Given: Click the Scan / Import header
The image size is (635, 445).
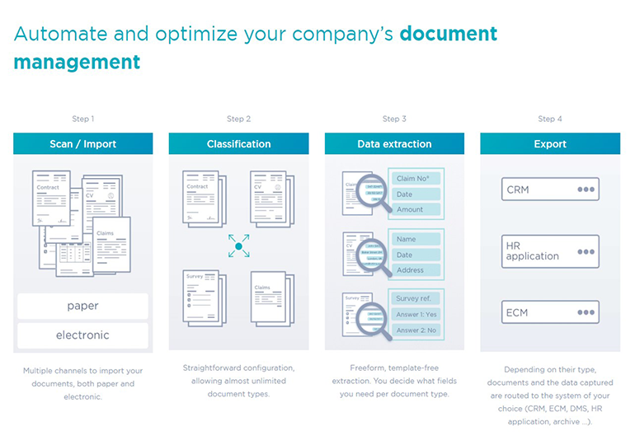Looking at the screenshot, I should point(82,144).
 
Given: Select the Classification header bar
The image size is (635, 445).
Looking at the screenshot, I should point(238,144).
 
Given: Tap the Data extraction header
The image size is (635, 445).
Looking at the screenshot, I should point(394,144).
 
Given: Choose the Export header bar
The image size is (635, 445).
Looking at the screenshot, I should point(550,144).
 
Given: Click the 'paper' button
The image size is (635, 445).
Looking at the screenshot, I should point(82,306).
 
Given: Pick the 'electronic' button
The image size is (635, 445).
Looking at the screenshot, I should point(82,335).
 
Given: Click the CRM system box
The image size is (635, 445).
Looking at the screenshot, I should point(550,190).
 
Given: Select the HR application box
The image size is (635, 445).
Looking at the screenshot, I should point(550,251).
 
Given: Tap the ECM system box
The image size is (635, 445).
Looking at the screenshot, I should point(550,312).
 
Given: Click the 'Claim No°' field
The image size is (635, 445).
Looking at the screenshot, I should point(417,179).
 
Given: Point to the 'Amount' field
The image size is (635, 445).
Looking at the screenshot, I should point(417,210).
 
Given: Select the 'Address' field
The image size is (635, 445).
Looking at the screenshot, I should point(417,270).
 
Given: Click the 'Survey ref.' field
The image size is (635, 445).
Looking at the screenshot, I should point(417,298).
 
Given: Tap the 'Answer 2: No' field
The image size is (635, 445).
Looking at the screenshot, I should point(417,330).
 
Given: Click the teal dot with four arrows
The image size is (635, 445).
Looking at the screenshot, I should point(238,246).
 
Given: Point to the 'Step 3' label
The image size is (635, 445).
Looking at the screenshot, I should point(394,119).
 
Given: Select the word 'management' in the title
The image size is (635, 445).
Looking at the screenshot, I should point(77,62).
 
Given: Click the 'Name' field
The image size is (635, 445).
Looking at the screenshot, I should point(417,239).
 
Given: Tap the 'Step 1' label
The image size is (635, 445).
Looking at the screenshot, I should point(82,119).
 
